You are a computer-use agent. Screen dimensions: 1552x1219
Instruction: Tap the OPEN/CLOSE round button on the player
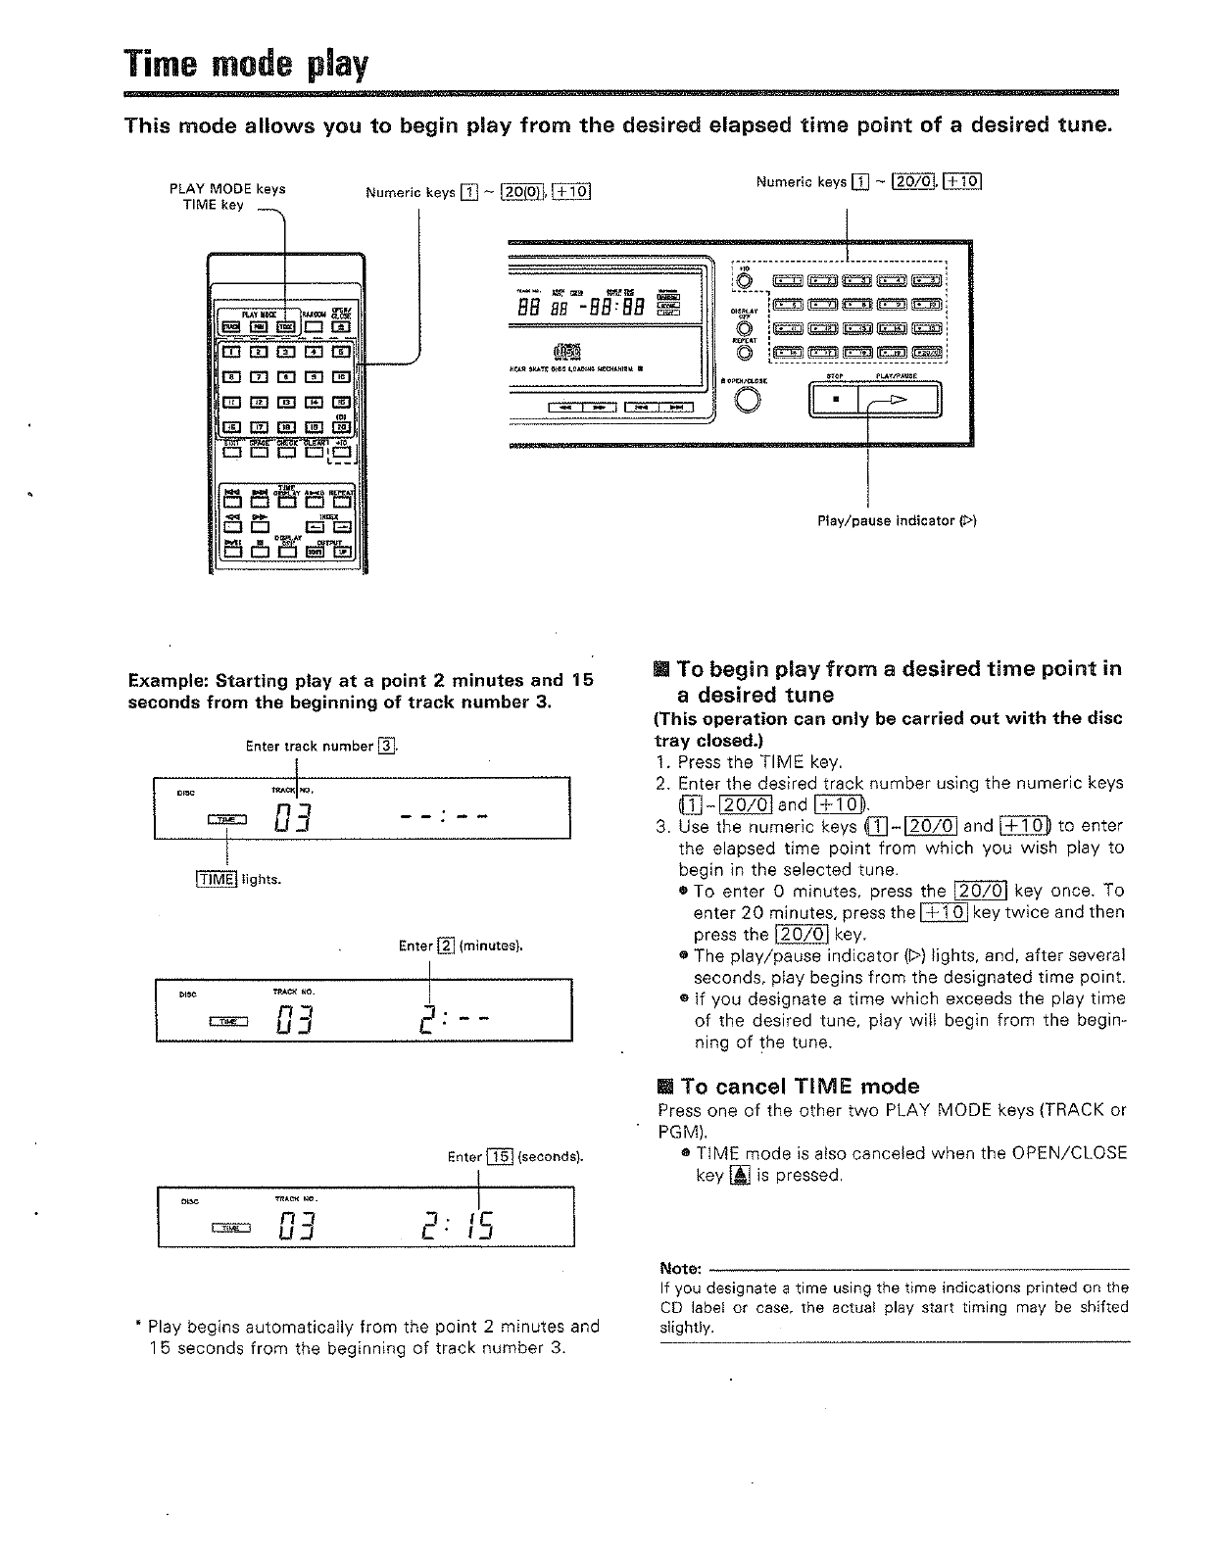click(x=748, y=401)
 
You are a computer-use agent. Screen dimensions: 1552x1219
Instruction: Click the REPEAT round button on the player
click(x=745, y=352)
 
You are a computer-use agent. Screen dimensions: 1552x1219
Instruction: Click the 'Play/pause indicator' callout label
click(x=897, y=520)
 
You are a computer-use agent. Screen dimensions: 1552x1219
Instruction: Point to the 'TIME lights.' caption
click(x=238, y=879)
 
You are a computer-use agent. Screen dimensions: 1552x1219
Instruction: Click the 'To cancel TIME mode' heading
click(x=789, y=1086)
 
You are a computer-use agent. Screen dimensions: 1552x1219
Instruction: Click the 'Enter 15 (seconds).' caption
click(x=515, y=1156)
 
